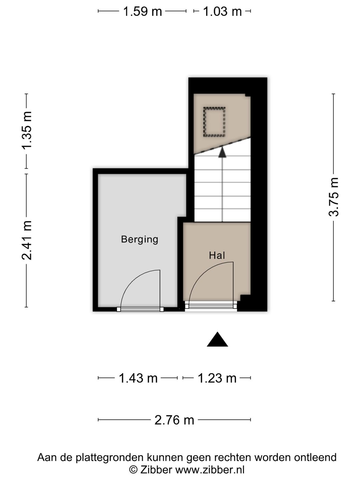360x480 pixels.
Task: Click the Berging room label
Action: [x=139, y=239]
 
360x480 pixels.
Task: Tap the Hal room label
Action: [x=217, y=255]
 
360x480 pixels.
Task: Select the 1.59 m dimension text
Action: [x=143, y=11]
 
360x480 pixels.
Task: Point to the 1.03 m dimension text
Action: [x=223, y=11]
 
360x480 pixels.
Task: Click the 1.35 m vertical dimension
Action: [x=27, y=130]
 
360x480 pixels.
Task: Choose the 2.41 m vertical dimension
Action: [x=27, y=240]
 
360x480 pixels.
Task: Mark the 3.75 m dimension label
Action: [x=334, y=197]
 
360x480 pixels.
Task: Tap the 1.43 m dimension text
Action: [x=138, y=378]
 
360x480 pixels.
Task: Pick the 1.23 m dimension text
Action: [x=217, y=378]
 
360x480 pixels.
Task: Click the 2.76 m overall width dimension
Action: [x=174, y=420]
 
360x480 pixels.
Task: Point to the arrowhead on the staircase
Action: [x=222, y=152]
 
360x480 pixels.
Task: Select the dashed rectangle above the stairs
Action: [x=214, y=122]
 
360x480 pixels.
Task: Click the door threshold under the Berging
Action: [x=140, y=309]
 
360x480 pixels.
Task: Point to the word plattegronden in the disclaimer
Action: [x=110, y=457]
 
